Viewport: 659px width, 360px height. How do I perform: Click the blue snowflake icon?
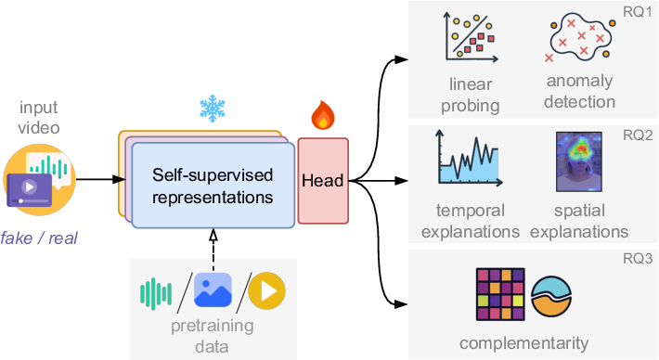coord(213,109)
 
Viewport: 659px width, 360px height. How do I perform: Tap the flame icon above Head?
coord(321,117)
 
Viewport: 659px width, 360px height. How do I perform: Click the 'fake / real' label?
coord(39,238)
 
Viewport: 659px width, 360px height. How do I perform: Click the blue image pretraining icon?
coord(213,290)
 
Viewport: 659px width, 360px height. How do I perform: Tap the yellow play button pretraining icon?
coord(266,290)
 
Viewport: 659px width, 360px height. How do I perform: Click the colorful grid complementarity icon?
coord(500,294)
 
